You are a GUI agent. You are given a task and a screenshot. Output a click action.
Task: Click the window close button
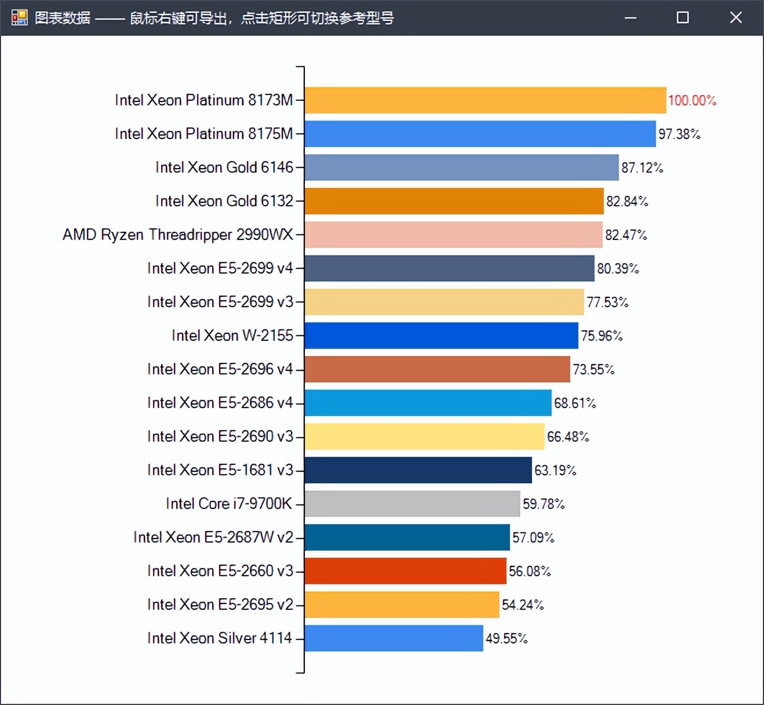point(736,17)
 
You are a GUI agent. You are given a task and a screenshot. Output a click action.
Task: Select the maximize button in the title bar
point(683,17)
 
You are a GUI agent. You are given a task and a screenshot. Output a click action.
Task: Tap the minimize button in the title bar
point(631,18)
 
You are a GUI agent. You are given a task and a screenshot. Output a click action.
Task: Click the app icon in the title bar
point(19,17)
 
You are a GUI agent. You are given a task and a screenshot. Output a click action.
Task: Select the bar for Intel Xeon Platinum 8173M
point(485,100)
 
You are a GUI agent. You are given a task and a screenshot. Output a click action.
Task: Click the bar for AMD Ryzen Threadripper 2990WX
point(453,235)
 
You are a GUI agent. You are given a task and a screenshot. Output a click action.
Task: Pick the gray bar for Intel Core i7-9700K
point(412,504)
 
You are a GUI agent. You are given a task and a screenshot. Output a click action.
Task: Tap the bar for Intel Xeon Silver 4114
point(394,638)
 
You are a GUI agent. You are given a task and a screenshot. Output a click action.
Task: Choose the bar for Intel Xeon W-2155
point(441,336)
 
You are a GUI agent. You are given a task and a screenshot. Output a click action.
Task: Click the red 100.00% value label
point(692,100)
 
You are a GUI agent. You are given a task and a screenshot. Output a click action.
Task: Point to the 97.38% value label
point(679,134)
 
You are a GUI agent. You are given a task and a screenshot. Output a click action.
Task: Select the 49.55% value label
point(506,638)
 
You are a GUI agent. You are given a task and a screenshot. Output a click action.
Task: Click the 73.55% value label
point(593,369)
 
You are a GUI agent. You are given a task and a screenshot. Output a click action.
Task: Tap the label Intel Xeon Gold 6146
point(224,168)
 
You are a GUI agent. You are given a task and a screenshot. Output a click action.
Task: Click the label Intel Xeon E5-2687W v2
point(213,537)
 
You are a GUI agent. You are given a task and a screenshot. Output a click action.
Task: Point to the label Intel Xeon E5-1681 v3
point(220,470)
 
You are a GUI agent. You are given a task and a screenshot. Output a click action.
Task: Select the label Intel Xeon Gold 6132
point(224,201)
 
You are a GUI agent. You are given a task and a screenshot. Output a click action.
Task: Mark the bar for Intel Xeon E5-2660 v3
point(405,571)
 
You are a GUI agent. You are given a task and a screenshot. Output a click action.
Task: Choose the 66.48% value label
point(567,437)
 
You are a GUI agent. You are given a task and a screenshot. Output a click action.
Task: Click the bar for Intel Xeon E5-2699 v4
point(449,268)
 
